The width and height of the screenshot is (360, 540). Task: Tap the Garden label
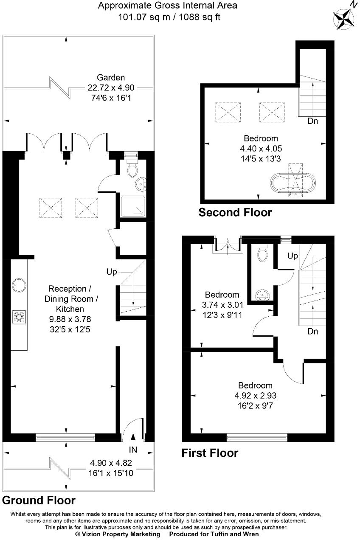pos(111,77)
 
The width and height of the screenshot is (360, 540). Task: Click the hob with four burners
pos(19,317)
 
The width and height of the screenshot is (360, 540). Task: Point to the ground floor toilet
pos(132,166)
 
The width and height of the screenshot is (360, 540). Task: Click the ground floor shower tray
pos(133,206)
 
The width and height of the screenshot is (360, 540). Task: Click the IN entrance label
pos(133,450)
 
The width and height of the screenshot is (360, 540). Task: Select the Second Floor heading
pos(235,212)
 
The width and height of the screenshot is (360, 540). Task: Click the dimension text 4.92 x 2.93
pos(255,395)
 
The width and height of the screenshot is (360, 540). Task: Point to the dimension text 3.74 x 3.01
pos(222,305)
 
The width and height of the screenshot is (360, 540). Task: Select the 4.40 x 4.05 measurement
pos(261,148)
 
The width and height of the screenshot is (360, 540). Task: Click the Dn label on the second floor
pos(313,121)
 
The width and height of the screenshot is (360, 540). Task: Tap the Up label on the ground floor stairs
pos(112,272)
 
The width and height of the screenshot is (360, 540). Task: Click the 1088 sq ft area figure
pos(200,17)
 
